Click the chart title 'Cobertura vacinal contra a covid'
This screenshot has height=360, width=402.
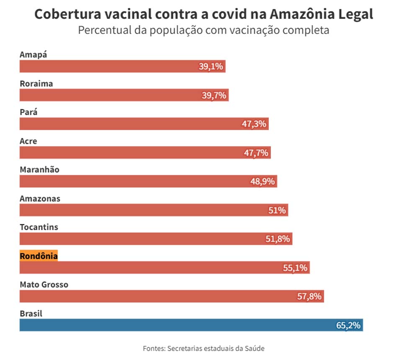click(x=204, y=14)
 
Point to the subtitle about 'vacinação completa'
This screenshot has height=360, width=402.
click(x=204, y=31)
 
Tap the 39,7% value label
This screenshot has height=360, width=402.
click(x=214, y=95)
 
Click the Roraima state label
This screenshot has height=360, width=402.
click(x=36, y=84)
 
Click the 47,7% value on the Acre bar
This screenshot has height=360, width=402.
click(x=256, y=153)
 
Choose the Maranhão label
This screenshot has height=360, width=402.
click(x=39, y=170)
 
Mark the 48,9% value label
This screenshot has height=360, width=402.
click(x=263, y=181)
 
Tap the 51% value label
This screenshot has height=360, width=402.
click(x=277, y=210)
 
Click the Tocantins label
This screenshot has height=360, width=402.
click(x=39, y=227)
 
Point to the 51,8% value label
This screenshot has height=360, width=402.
click(x=278, y=239)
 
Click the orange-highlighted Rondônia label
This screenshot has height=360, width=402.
click(x=39, y=256)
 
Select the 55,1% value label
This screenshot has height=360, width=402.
click(x=295, y=268)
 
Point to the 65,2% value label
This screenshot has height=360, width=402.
click(x=348, y=325)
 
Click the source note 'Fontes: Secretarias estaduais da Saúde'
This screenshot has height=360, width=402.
click(x=204, y=348)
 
